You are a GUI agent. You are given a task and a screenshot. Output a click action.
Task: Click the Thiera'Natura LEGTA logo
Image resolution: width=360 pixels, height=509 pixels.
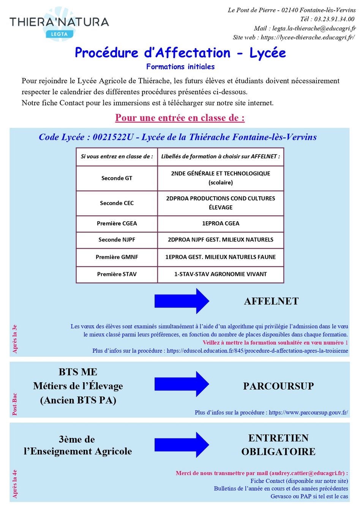click(x=59, y=24)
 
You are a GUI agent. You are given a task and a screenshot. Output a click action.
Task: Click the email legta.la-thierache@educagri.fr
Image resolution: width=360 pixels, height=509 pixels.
click(x=314, y=28)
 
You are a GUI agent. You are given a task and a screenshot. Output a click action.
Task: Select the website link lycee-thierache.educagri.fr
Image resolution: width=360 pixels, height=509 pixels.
click(x=308, y=37)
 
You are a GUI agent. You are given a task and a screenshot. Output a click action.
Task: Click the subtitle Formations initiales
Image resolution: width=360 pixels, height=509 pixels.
click(x=180, y=67)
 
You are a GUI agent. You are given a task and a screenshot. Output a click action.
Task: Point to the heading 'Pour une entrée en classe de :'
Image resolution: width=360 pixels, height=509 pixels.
click(x=180, y=118)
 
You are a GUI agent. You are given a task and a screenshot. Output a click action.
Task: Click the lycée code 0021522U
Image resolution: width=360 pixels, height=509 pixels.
click(x=113, y=137)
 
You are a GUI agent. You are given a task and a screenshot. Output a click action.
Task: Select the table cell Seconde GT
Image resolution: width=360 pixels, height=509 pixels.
click(x=117, y=178)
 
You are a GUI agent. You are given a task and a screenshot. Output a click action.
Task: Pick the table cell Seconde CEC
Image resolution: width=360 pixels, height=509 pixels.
click(x=117, y=203)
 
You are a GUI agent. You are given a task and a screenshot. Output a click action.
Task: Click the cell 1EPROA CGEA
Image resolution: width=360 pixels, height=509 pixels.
click(x=221, y=224)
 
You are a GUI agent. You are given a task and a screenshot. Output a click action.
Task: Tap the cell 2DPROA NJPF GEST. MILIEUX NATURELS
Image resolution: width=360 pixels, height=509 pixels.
click(x=221, y=240)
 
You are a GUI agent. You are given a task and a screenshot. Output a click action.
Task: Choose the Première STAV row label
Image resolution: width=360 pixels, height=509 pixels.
click(x=117, y=274)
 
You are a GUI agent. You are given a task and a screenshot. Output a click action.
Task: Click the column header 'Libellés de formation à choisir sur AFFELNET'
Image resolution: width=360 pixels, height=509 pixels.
click(x=221, y=156)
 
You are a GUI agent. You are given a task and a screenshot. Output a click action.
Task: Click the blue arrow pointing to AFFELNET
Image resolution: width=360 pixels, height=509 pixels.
click(x=182, y=301)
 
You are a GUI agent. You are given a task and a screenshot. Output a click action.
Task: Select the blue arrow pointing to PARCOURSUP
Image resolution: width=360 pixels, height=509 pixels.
click(x=182, y=384)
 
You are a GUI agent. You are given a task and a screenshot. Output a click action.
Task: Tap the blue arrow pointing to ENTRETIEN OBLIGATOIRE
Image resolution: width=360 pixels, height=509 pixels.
click(x=182, y=445)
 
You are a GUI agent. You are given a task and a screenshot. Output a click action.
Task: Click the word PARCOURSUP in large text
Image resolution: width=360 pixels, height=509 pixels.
click(x=278, y=386)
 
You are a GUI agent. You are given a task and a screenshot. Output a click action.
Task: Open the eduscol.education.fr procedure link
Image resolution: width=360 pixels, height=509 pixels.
click(x=257, y=351)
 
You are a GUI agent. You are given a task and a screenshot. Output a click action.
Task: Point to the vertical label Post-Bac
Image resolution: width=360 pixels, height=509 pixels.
click(x=15, y=404)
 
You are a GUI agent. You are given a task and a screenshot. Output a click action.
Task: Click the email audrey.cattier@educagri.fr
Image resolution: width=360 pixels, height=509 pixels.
click(x=307, y=473)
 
